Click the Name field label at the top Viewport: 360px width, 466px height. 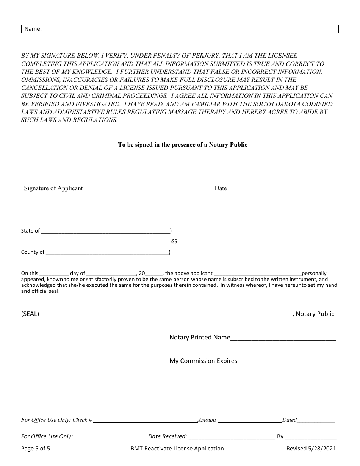click(x=33, y=29)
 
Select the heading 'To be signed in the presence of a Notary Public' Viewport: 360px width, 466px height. click(x=183, y=145)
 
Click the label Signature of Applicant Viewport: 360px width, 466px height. click(x=53, y=188)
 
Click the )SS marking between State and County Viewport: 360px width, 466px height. click(x=174, y=241)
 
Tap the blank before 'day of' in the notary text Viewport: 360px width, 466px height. click(x=54, y=274)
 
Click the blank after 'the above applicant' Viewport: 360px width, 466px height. click(x=258, y=274)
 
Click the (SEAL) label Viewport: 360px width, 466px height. click(x=30, y=314)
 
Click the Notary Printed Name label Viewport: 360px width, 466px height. click(x=200, y=338)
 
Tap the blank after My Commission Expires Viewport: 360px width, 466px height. click(x=286, y=361)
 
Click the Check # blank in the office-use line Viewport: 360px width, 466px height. click(x=145, y=421)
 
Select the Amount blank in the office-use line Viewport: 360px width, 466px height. click(x=250, y=421)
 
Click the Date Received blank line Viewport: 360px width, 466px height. click(x=232, y=437)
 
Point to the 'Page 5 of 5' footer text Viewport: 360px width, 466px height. click(x=36, y=449)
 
